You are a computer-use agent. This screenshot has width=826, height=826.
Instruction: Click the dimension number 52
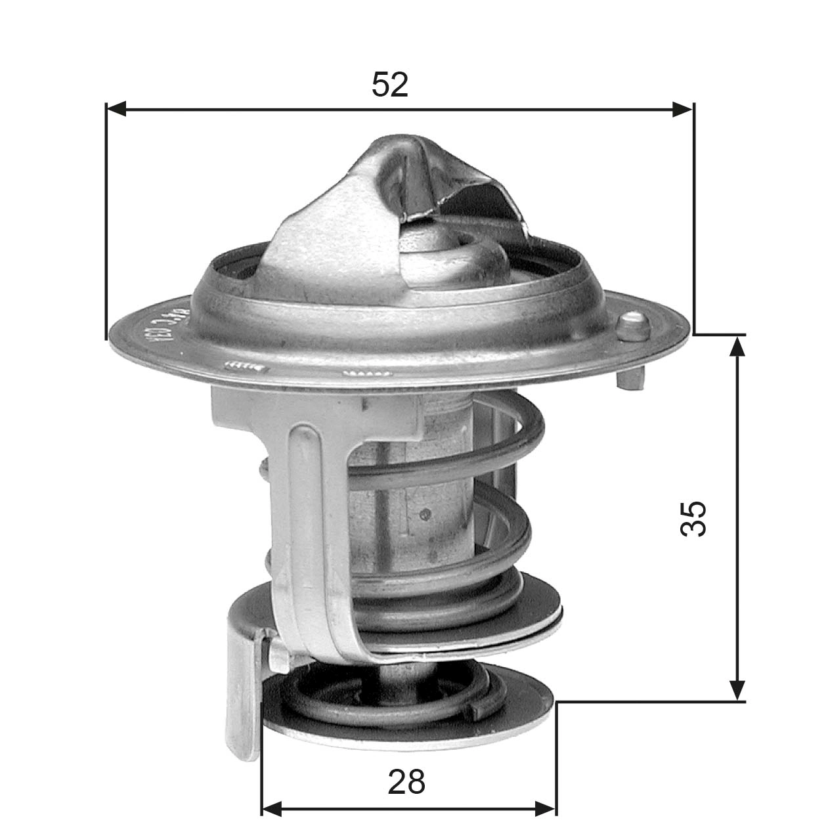[390, 85]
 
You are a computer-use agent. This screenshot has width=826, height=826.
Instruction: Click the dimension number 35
[693, 518]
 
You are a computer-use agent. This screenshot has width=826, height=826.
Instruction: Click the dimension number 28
[406, 781]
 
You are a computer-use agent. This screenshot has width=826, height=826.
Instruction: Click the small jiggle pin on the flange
[634, 325]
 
